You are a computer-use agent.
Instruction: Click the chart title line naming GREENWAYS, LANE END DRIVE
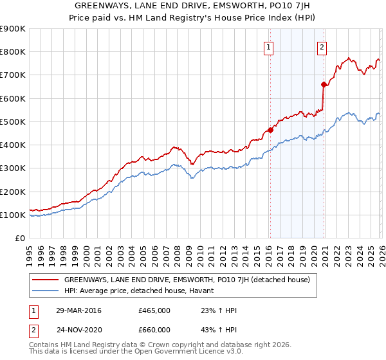click(x=192, y=5)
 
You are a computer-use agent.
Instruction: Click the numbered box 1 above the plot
click(x=268, y=46)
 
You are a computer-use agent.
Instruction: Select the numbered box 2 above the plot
click(x=321, y=46)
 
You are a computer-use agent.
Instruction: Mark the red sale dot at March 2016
click(x=270, y=130)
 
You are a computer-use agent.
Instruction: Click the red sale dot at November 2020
click(x=324, y=84)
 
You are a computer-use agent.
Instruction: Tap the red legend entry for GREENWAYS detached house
click(x=187, y=280)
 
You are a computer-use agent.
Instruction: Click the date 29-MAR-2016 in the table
click(x=78, y=310)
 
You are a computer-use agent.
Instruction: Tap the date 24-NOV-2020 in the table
click(x=78, y=330)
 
